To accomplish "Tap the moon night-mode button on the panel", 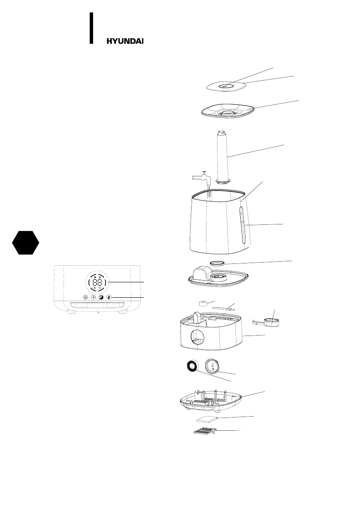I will point(101,297).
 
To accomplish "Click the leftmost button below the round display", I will point(85,297).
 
